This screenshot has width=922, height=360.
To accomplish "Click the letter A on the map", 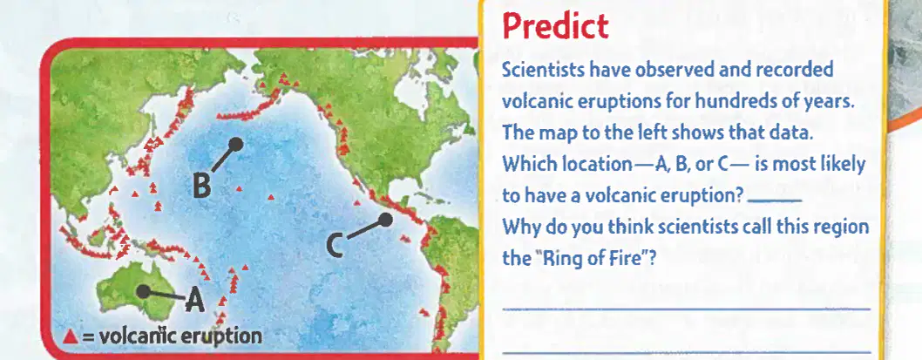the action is pos(194,302).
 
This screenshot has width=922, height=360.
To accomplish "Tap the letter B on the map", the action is pos(201,187).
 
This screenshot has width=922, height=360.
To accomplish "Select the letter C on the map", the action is pos(335,246).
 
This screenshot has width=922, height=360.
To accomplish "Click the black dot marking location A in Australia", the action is pos(142,290).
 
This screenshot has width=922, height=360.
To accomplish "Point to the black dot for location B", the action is pos(236,144).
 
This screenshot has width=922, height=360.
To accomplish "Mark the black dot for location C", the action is pos(385,220).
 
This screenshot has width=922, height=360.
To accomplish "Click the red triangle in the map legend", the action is pos(71,336).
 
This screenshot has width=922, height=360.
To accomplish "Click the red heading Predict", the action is pos(556,27).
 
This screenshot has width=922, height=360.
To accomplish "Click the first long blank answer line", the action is pos(686,309).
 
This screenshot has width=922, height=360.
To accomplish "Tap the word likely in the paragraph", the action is pos(842,166).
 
